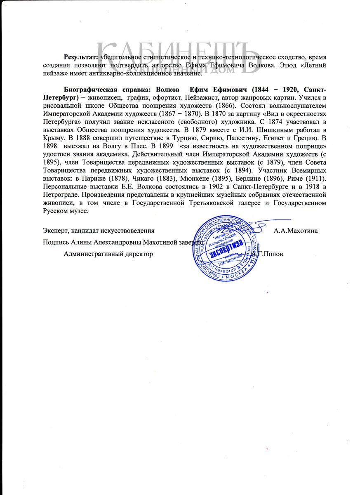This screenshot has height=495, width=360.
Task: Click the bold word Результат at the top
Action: [x=80, y=57]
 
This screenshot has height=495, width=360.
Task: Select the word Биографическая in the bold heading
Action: [x=88, y=90]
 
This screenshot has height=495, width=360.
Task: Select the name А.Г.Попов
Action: [x=268, y=254]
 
